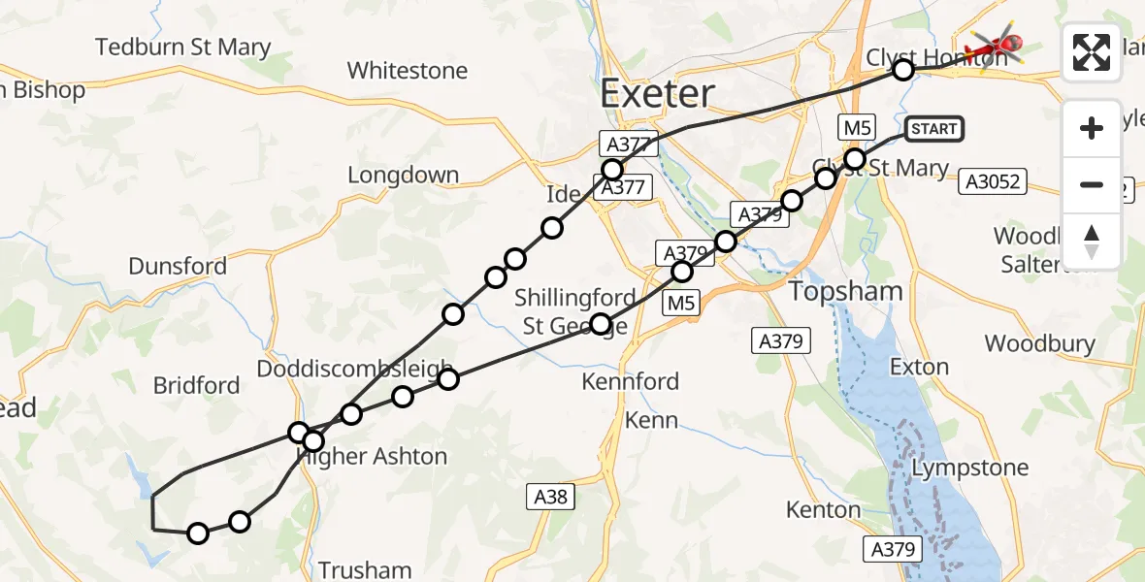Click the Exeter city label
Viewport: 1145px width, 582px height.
657,94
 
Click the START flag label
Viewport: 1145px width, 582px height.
934,129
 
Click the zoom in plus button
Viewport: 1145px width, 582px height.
1092,129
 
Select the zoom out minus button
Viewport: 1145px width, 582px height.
1092,184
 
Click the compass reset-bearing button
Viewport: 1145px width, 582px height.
1092,241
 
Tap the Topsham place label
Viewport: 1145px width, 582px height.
845,291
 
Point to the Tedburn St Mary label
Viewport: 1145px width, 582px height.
182,47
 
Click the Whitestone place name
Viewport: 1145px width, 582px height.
408,71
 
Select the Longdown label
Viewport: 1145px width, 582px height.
403,176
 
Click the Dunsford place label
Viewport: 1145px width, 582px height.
178,266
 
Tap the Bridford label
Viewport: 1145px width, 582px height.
196,385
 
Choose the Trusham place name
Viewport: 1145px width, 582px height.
365,569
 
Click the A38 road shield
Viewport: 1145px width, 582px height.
551,498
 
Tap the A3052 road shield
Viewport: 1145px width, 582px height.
992,181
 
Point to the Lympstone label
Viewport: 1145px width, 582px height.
970,468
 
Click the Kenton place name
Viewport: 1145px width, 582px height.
824,509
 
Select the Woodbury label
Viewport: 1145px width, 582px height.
1039,343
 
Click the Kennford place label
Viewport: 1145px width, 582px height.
631,381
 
